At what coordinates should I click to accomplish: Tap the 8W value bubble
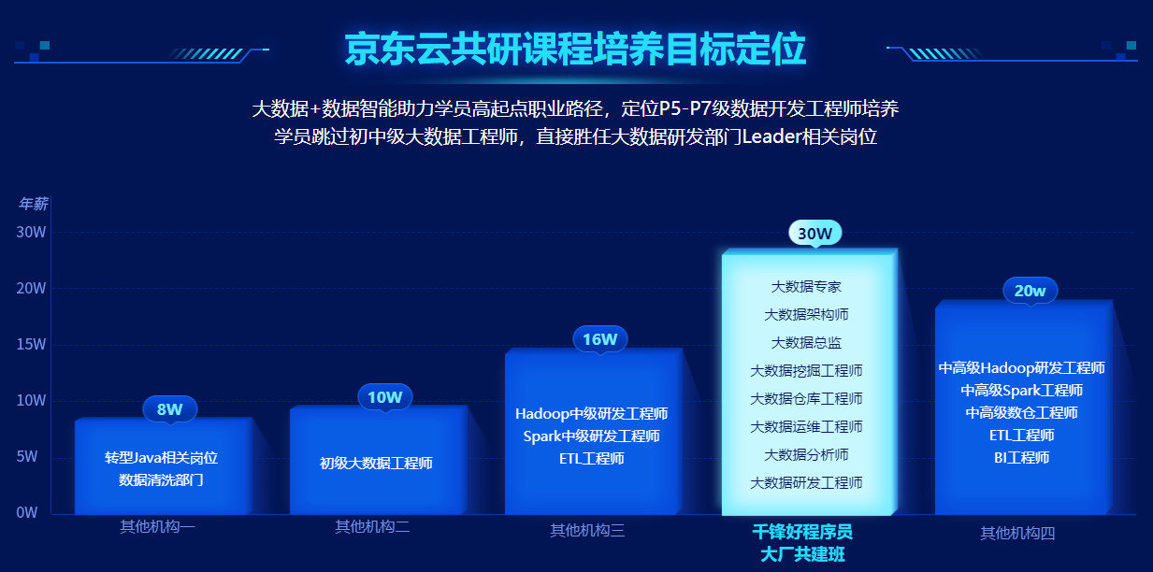169,408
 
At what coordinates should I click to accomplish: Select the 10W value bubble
384,397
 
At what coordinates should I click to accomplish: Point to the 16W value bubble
599,339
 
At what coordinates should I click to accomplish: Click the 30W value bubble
814,233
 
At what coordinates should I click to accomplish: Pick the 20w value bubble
1030,291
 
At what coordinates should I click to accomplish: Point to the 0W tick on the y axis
27,512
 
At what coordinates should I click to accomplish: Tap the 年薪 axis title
33,204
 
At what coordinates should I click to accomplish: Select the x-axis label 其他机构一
157,526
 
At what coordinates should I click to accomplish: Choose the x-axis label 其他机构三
587,531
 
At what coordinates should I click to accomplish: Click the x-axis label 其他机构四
1017,533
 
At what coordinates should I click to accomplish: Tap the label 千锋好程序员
802,532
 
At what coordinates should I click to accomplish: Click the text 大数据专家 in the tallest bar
806,286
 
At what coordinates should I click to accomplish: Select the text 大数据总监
806,342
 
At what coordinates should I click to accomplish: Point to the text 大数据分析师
806,454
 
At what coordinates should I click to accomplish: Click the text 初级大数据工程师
376,462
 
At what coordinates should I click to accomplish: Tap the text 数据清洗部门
161,479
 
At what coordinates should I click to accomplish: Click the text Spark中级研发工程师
591,436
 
